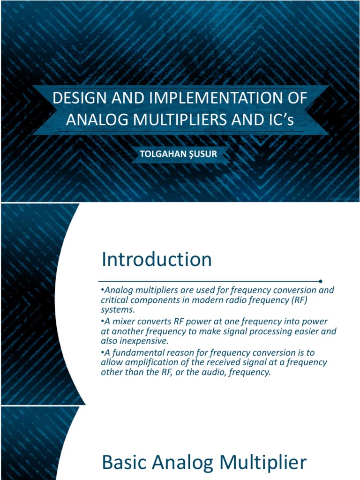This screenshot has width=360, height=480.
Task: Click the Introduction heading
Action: pyautogui.click(x=157, y=259)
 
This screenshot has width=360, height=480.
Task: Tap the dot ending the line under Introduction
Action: pyautogui.click(x=320, y=281)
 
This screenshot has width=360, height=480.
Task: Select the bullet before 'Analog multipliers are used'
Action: pyautogui.click(x=103, y=290)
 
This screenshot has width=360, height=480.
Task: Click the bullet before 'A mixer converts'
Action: pyautogui.click(x=103, y=321)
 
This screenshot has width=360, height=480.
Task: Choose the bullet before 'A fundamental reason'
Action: pyautogui.click(x=103, y=352)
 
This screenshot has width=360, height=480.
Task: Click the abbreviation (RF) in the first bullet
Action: pyautogui.click(x=296, y=300)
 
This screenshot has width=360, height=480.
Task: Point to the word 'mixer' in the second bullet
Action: pyautogui.click(x=123, y=321)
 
